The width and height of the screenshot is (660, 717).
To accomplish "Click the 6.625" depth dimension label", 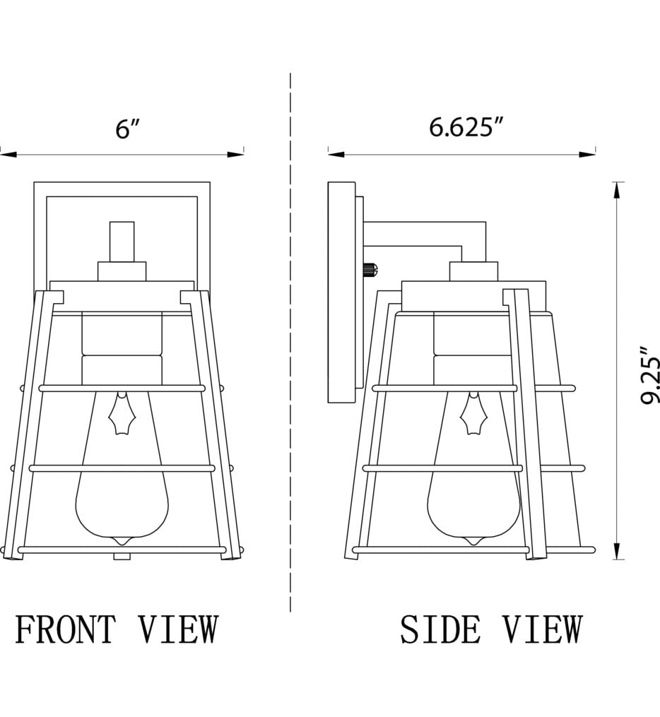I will pos(466,127).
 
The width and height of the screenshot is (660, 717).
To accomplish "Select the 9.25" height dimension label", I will pos(649,375).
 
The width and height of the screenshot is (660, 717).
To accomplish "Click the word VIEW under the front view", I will pos(178,630).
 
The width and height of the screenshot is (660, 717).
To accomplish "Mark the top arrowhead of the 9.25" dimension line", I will pos(618,189).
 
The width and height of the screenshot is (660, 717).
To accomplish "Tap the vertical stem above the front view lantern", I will pos(122,241).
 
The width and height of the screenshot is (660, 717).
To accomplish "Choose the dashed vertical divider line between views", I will pos(290,339).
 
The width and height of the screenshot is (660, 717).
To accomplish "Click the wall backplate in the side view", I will pos(341,292).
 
